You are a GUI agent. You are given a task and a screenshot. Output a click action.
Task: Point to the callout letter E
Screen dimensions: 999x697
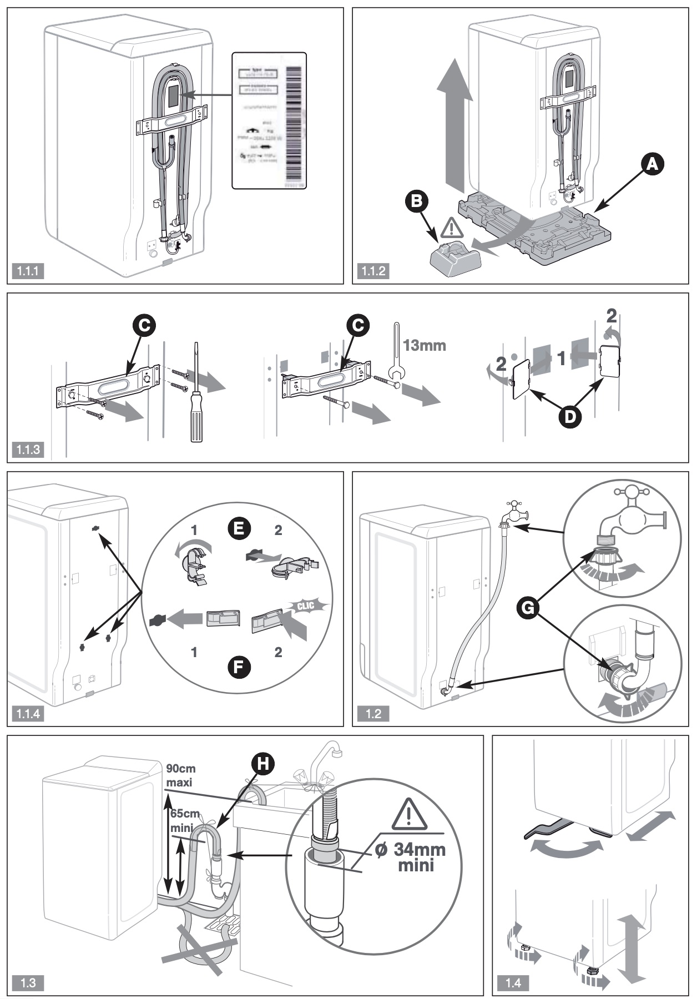(239, 529)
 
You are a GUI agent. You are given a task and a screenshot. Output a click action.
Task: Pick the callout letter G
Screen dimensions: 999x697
(528, 609)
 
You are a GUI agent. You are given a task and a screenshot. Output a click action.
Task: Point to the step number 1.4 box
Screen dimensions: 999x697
(513, 983)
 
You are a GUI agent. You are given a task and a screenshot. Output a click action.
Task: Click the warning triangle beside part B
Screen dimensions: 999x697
(453, 227)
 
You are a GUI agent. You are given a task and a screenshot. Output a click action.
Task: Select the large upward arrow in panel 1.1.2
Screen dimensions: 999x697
(454, 125)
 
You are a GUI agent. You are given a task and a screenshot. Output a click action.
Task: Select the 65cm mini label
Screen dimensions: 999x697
(184, 820)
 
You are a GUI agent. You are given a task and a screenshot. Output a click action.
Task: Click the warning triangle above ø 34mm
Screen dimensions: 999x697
(409, 815)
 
